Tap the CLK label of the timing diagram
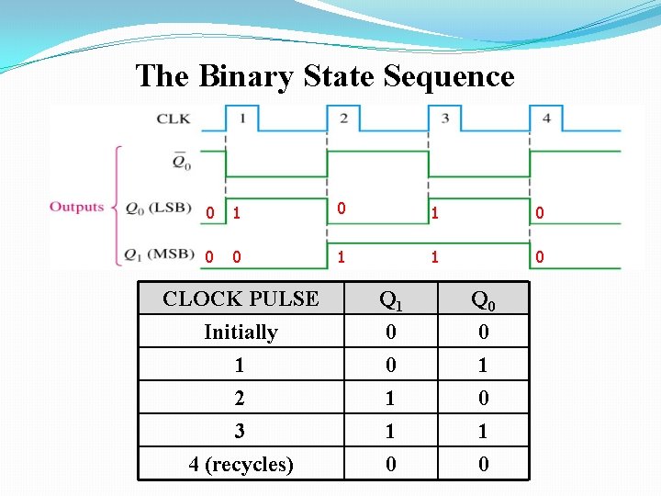174,118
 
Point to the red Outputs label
76,207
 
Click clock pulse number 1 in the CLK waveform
242,118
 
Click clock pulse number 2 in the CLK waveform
342,118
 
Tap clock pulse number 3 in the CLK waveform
444,118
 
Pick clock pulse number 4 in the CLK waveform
546,118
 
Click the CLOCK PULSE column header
241,299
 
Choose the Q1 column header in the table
391,299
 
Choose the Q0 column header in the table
483,299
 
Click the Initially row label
241,332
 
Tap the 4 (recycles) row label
241,464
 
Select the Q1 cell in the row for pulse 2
391,398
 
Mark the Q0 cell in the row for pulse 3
483,431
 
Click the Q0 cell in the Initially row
483,332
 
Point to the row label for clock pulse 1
240,365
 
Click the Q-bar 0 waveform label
181,163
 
